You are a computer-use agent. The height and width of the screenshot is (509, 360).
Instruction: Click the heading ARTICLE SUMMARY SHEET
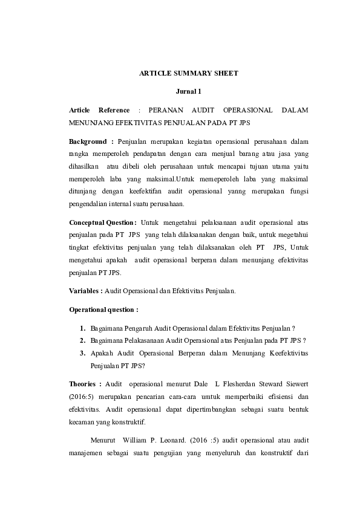point(189,73)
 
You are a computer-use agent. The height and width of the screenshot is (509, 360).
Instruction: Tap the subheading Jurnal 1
point(188,91)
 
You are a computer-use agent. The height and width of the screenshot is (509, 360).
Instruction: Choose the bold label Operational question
point(103,310)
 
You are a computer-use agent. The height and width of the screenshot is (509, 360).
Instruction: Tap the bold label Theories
point(85,384)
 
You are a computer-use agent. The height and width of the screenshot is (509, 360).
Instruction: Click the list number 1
point(82,328)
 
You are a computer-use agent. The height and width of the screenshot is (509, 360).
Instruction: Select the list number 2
point(82,340)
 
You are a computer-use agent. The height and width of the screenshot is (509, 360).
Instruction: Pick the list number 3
point(82,353)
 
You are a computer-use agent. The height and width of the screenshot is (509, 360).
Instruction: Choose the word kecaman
point(83,422)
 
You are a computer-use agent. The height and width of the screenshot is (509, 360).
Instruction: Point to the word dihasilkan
point(85,166)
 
